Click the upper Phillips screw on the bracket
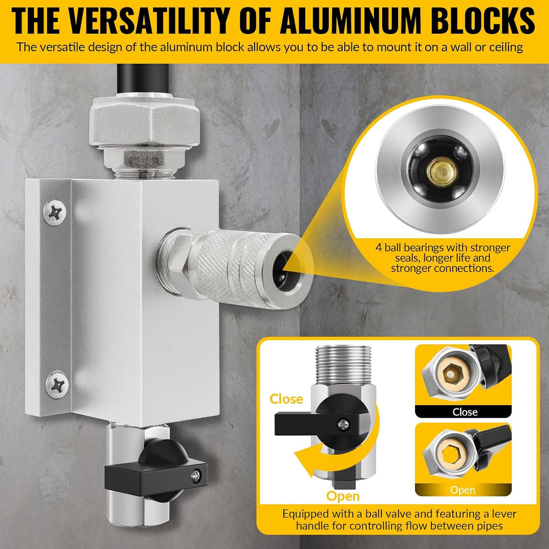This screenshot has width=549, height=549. [54, 212]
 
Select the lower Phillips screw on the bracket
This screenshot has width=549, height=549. [57, 385]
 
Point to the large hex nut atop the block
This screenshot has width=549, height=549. [144, 122]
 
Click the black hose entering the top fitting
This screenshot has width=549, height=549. [143, 79]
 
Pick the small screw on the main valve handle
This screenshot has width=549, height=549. [196, 476]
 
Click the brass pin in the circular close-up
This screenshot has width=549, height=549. [442, 171]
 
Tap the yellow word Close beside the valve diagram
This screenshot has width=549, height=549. [286, 399]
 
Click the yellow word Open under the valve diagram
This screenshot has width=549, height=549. [343, 496]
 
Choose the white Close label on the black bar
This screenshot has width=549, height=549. [465, 412]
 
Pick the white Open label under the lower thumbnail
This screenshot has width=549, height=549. [462, 490]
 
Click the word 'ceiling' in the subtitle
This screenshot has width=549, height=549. [503, 47]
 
